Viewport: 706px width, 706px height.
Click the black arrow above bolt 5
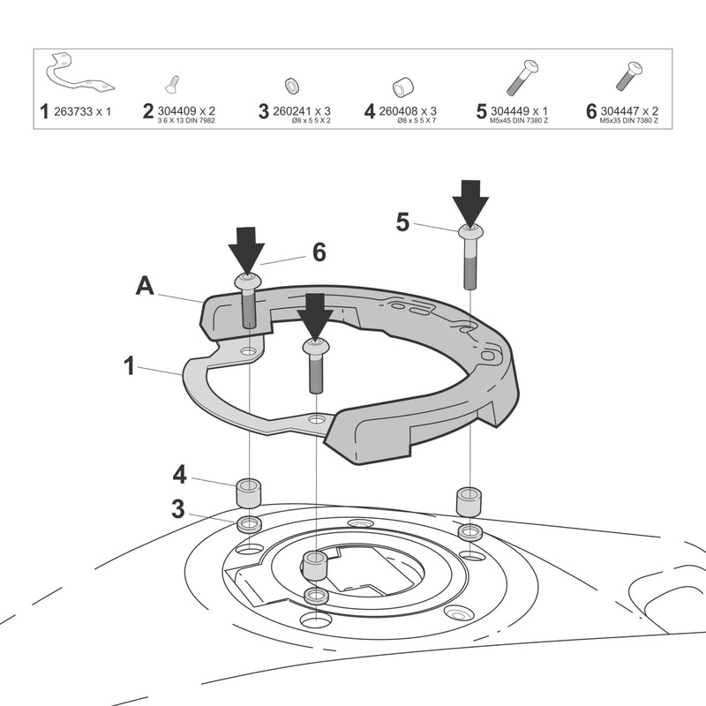point(471,201)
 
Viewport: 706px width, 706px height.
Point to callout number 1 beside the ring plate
point(130,364)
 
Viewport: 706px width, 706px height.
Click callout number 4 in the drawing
point(180,474)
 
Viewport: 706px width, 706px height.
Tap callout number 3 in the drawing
point(179,508)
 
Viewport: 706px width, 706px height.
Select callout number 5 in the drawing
point(402,222)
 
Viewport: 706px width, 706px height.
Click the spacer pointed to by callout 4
point(249,492)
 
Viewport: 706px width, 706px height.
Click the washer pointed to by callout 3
point(248,526)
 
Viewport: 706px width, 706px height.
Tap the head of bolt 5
point(470,232)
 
